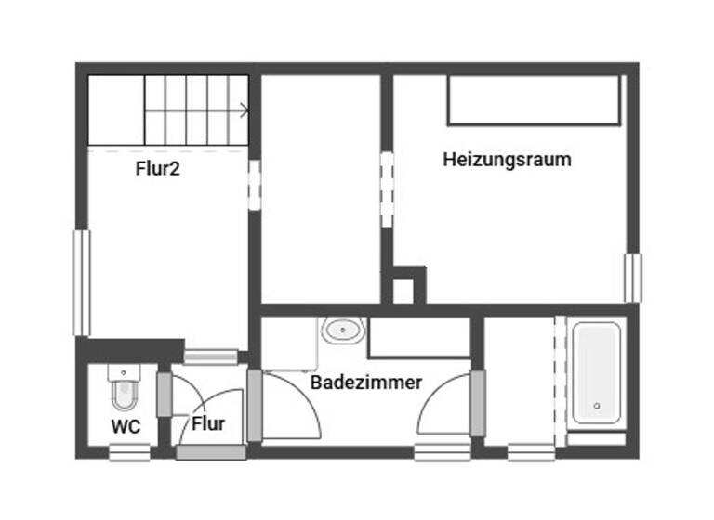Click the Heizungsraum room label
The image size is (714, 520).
507,159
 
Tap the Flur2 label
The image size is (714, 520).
157,169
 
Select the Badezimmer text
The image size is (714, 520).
366,382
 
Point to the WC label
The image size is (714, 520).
126,428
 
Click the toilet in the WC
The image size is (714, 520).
123,389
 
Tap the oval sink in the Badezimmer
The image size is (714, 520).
343,330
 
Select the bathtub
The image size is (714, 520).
595,373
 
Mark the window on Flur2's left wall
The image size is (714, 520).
82,282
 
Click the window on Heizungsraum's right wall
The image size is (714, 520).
632,278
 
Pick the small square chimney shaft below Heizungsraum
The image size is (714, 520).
403,290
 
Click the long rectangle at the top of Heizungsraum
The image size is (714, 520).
534,100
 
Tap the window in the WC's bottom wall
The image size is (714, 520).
128,452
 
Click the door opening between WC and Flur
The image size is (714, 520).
165,395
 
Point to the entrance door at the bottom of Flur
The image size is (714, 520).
211,452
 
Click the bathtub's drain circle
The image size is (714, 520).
596,406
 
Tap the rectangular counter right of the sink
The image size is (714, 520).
419,339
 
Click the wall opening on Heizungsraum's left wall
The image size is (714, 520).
387,188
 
